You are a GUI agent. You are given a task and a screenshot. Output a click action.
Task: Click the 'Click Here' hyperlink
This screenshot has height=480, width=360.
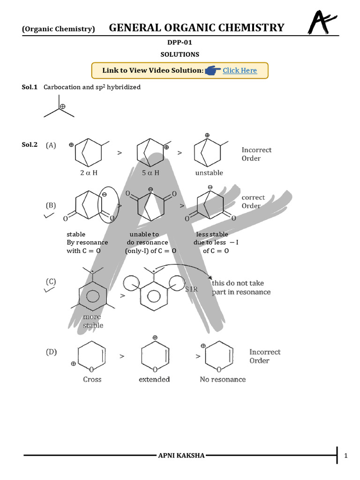240,70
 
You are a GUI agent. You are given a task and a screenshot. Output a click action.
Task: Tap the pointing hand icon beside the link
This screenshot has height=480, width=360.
213,70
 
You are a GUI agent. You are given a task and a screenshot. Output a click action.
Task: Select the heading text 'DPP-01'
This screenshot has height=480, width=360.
180,43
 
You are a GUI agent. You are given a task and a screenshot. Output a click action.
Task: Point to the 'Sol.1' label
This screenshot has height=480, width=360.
30,87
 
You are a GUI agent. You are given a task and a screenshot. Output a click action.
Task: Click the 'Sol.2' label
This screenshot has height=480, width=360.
30,145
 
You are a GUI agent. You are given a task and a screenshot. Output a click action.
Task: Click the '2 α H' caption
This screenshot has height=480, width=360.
89,172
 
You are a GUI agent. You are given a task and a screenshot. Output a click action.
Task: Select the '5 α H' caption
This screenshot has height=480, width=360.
150,172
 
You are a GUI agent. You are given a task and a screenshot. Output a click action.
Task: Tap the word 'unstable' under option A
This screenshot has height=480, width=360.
209,172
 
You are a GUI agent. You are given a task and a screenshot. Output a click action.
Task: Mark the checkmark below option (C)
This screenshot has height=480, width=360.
48,290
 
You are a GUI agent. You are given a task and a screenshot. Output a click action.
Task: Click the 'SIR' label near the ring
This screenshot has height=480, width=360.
191,290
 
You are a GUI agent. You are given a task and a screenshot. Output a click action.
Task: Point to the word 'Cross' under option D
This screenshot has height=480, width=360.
92,379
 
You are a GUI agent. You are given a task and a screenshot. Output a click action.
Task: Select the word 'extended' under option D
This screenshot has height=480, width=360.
154,379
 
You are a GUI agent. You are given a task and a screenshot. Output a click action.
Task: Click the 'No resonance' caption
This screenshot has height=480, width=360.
223,379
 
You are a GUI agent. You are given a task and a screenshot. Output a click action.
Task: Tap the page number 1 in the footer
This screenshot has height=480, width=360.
346,456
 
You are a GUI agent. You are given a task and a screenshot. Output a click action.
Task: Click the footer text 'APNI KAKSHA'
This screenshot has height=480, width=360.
181,456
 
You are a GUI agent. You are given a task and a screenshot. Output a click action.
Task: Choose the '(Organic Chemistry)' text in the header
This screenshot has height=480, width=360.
59,29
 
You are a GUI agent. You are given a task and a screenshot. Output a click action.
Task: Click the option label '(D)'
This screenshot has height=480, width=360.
51,352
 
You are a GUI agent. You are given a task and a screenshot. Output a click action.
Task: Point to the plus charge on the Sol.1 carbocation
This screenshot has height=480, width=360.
62,106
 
